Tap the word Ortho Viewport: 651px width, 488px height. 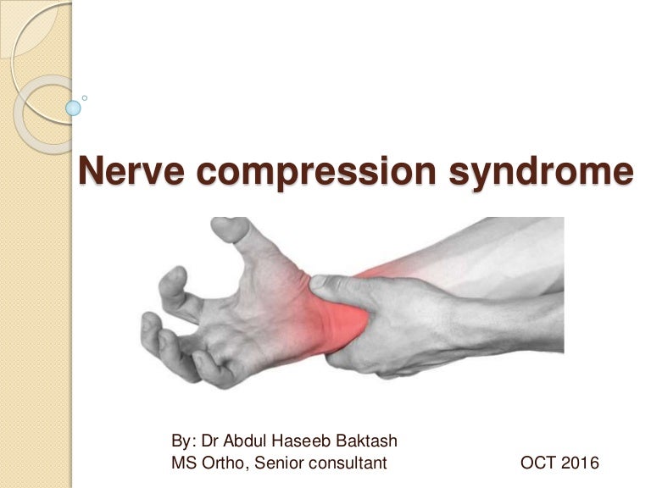[x=223, y=463]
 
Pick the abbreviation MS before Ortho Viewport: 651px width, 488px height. [x=183, y=463]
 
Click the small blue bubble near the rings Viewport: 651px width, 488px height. [x=74, y=108]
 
